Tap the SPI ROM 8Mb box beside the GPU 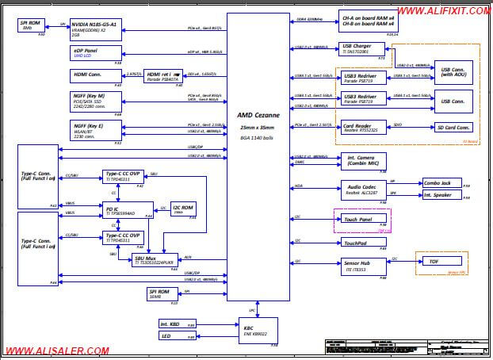tap(32, 25)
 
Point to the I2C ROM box tap(178, 209)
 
